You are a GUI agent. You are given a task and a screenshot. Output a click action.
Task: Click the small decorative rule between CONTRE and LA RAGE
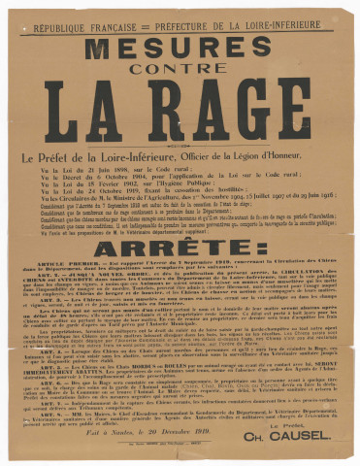180,82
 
